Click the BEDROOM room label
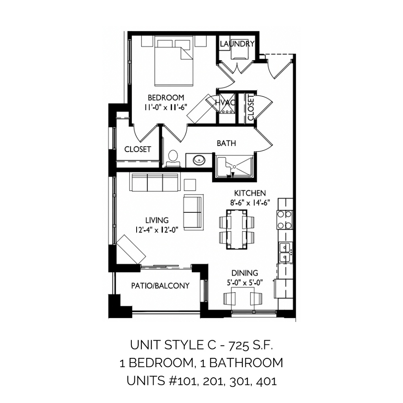pyautogui.click(x=166, y=98)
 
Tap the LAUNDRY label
pyautogui.click(x=237, y=44)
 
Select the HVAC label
pyautogui.click(x=225, y=102)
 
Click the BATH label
pyautogui.click(x=226, y=143)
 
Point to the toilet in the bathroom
pyautogui.click(x=173, y=159)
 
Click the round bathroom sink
pyautogui.click(x=199, y=160)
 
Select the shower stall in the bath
pyautogui.click(x=235, y=167)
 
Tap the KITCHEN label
pyautogui.click(x=250, y=193)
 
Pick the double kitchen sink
pyautogui.click(x=285, y=252)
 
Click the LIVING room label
pyautogui.click(x=157, y=220)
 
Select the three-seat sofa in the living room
pyautogui.click(x=154, y=183)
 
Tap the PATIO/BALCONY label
pyautogui.click(x=160, y=286)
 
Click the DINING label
pyautogui.click(x=245, y=273)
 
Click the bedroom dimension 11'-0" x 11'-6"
pyautogui.click(x=166, y=107)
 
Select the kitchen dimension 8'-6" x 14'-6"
pyautogui.click(x=250, y=203)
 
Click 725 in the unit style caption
pyautogui.click(x=239, y=345)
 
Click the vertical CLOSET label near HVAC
pyautogui.click(x=251, y=107)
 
